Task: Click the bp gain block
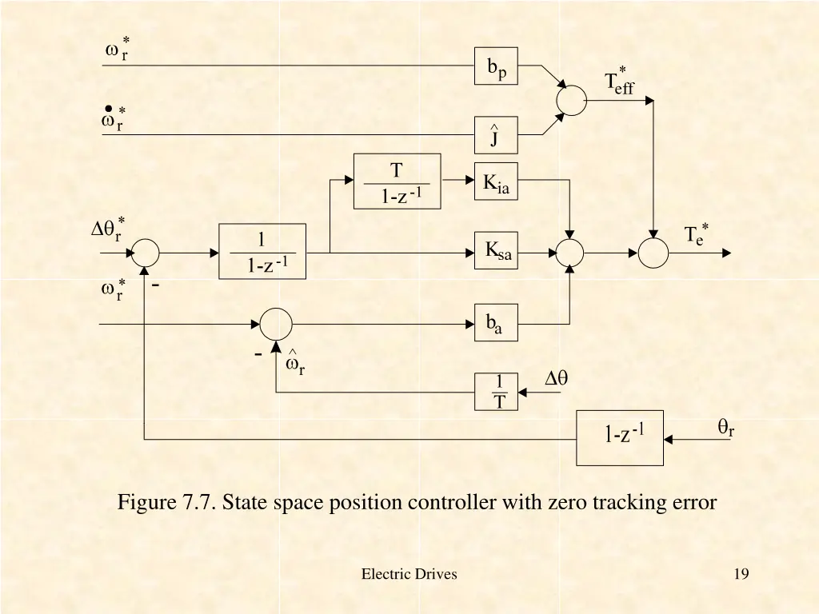496,66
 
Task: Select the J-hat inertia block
496,135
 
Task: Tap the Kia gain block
496,181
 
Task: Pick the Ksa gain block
496,250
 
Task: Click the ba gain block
496,323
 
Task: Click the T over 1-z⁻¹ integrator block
397,181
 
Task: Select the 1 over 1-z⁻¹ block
262,252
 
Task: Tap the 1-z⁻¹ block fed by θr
620,437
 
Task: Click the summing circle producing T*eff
571,100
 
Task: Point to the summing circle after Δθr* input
146,253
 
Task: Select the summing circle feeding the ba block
276,324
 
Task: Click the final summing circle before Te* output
653,253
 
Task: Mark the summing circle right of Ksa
570,253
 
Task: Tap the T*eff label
619,82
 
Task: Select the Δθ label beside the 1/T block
556,379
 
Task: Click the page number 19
741,573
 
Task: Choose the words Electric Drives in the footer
409,573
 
